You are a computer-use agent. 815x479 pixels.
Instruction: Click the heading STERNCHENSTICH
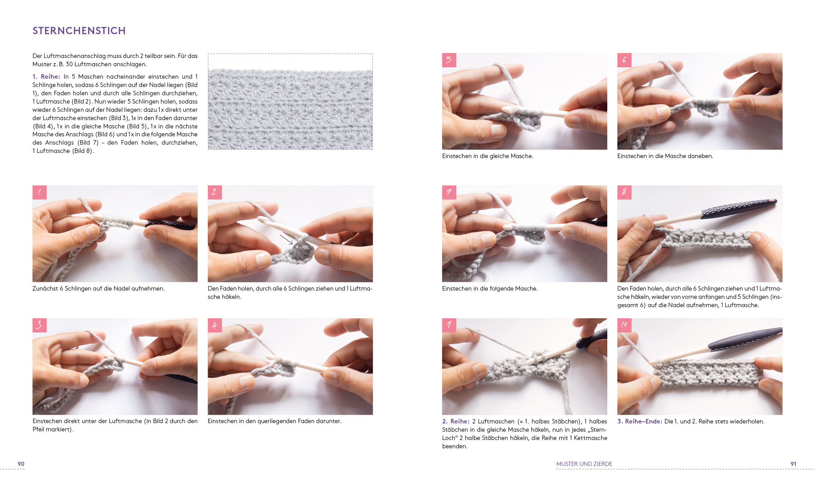tap(79, 31)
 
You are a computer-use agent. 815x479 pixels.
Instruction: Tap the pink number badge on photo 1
tap(39, 192)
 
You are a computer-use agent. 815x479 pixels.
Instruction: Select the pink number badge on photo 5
tap(449, 60)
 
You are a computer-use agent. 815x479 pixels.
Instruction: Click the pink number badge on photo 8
tap(624, 192)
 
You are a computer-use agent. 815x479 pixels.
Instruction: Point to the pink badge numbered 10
tap(624, 325)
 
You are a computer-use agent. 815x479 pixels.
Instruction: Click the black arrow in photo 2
tap(286, 239)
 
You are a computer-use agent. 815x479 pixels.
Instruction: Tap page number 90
tap(21, 464)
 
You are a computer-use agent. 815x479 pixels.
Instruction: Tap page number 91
tap(794, 464)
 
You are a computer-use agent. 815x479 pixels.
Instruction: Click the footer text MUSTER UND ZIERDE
tap(584, 464)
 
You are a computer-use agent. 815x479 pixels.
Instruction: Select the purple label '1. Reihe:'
tap(46, 77)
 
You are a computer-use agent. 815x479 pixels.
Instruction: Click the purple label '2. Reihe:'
tap(456, 421)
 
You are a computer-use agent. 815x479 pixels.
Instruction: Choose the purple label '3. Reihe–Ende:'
tap(640, 421)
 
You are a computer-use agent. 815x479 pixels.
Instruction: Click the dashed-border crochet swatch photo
tap(290, 101)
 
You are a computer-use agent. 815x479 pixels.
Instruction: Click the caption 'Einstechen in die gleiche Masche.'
tap(488, 156)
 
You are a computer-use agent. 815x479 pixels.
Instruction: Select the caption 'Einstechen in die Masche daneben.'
tap(665, 156)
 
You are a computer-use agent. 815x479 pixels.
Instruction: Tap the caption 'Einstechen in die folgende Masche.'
tap(490, 289)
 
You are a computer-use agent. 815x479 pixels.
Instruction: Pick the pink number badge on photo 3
tap(39, 325)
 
